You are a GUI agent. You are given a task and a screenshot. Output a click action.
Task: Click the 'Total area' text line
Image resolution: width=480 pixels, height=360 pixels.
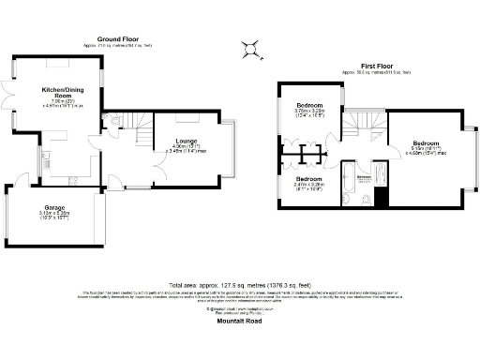(240, 283)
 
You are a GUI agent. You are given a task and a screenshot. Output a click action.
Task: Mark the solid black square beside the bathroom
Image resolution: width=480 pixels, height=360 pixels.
(381, 198)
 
